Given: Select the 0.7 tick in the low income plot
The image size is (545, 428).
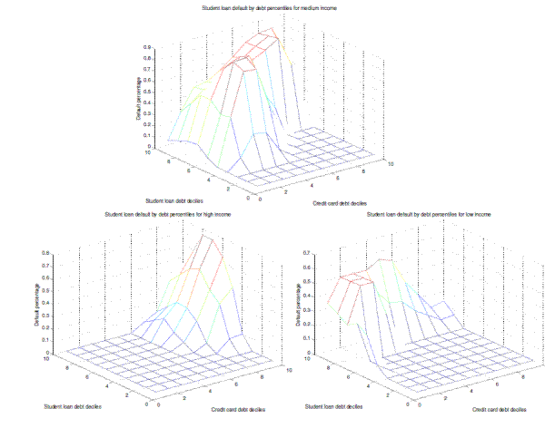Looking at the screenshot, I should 306,253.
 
